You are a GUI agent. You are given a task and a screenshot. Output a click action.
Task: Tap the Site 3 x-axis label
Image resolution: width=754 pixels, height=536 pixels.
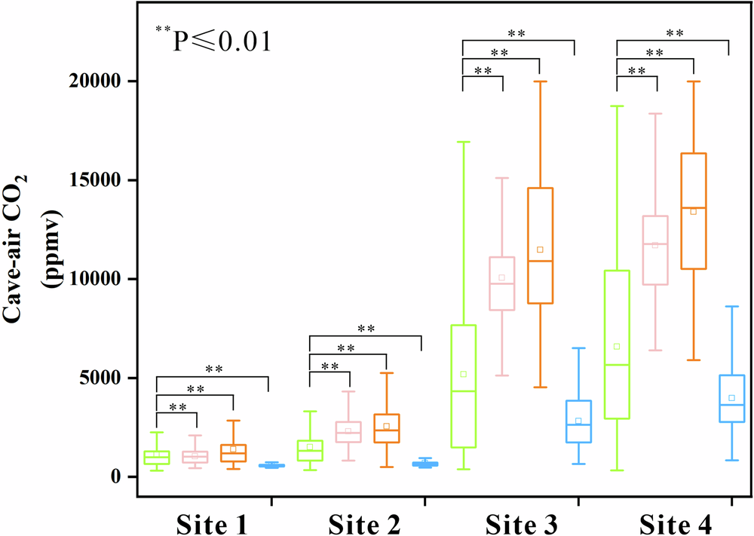[x=520, y=522]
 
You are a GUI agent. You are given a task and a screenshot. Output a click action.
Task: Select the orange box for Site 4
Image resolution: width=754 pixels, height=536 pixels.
[x=693, y=210]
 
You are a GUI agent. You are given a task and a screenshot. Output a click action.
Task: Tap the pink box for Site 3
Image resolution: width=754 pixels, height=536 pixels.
[x=501, y=283]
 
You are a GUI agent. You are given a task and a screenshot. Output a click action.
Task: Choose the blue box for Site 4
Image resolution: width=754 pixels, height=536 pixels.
[x=731, y=398]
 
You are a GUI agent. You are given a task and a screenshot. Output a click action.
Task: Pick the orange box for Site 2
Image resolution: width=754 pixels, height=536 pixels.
[x=386, y=428]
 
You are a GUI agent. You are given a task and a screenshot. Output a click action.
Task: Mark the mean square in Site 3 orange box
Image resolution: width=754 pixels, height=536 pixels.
[x=540, y=250]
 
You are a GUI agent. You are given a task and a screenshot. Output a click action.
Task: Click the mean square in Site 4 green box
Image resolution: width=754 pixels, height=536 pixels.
[x=617, y=346]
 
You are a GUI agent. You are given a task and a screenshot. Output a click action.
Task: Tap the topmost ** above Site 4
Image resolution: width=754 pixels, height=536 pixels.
[x=674, y=33]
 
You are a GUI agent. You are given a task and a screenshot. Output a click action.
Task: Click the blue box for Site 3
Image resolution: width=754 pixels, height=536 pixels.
[x=578, y=421]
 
